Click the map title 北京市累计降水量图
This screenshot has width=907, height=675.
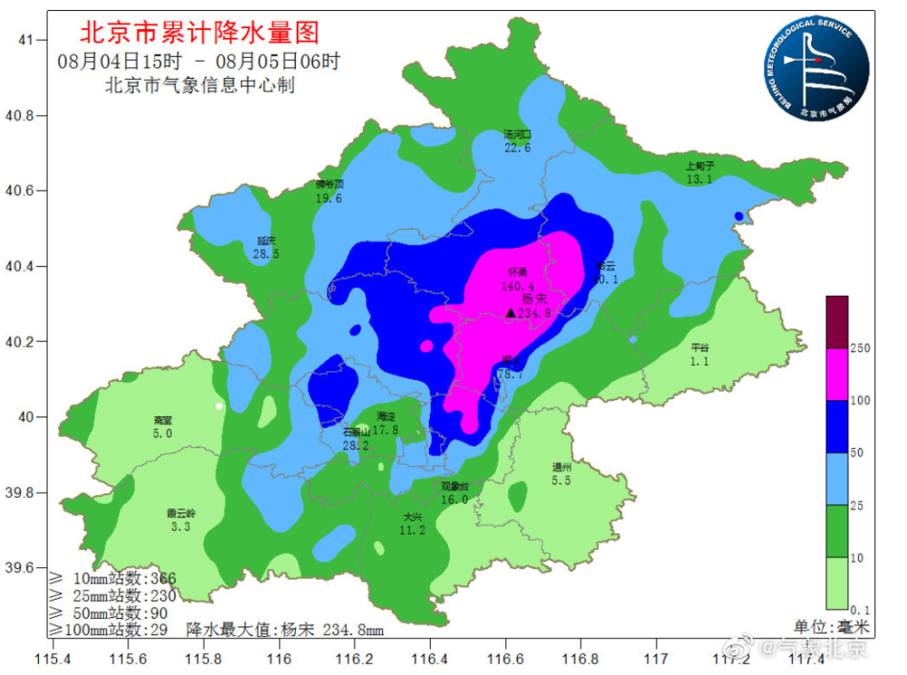tap(200, 34)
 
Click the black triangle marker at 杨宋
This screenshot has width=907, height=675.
tap(511, 313)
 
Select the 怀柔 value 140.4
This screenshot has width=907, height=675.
tap(516, 285)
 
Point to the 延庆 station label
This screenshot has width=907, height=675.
tap(266, 241)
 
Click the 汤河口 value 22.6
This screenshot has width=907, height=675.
tap(517, 148)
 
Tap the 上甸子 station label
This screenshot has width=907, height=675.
tap(700, 167)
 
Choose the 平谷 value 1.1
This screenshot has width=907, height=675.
tap(698, 361)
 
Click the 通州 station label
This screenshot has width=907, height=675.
tap(561, 468)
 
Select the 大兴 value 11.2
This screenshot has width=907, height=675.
tap(413, 530)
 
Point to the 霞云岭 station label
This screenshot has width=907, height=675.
tap(180, 513)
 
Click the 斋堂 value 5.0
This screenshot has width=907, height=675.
tap(162, 434)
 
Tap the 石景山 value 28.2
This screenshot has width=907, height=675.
tap(356, 445)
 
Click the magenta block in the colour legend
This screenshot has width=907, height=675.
tap(836, 375)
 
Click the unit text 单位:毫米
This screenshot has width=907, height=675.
tap(831, 627)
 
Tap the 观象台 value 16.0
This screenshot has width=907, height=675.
tap(453, 499)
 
